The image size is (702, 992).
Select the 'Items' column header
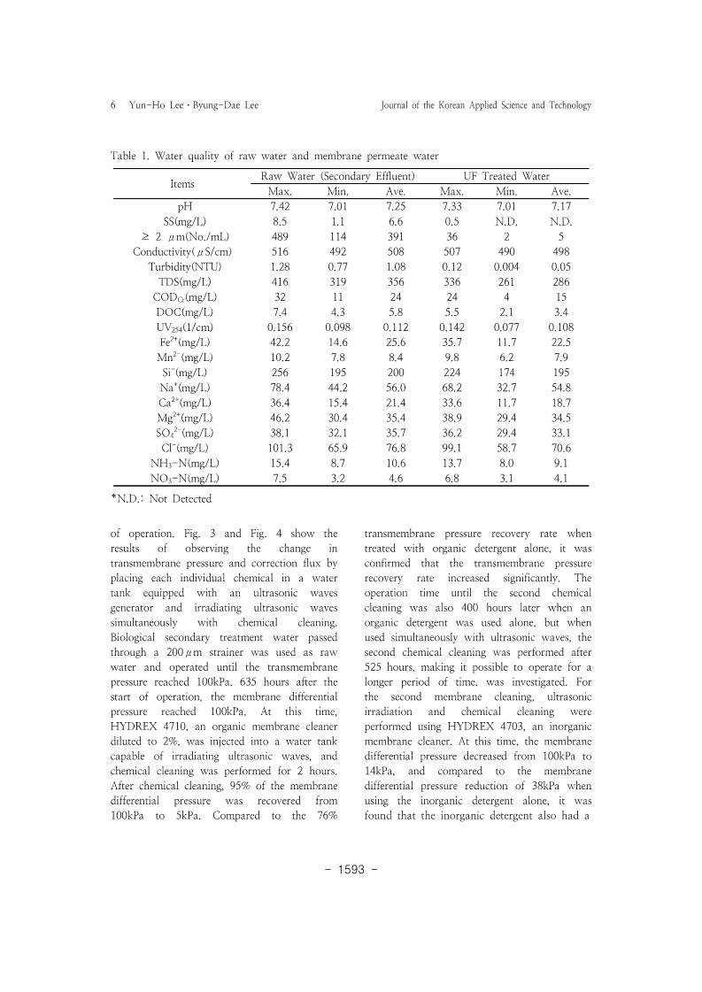click(x=182, y=184)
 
